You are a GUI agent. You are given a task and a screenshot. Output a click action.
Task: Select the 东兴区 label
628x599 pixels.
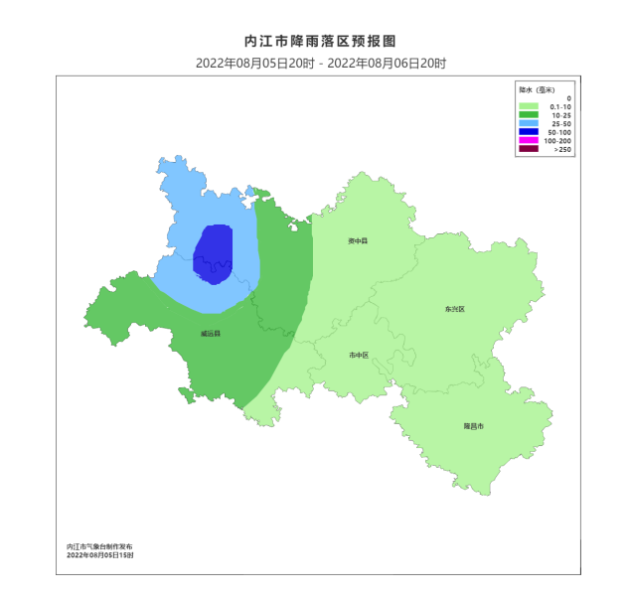[455, 309]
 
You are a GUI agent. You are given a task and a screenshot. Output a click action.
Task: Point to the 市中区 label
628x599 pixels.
[359, 355]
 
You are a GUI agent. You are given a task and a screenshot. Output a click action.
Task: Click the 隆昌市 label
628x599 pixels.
[473, 425]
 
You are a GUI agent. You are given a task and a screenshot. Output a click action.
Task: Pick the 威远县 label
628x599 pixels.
[210, 334]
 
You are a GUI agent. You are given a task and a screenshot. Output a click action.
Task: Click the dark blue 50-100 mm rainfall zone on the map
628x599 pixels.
[213, 253]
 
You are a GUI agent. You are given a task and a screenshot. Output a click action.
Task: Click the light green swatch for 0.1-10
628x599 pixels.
[529, 106]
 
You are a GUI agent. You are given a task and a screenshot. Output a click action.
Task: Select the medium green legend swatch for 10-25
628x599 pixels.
[529, 115]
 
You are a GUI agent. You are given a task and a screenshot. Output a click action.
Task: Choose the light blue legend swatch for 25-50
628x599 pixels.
[529, 124]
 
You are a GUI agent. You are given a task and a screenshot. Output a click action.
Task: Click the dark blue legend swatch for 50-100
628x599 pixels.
[529, 132]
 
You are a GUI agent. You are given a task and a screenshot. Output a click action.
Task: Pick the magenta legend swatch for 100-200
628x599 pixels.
[529, 141]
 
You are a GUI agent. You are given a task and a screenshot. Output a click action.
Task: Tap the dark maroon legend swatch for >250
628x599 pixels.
[529, 150]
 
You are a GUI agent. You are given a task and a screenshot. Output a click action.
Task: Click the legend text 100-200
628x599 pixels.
[557, 141]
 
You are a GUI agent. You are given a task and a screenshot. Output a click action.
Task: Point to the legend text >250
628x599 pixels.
[562, 150]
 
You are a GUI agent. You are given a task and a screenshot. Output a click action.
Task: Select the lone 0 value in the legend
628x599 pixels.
[568, 98]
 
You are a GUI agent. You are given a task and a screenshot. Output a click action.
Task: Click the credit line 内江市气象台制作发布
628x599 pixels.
[98, 546]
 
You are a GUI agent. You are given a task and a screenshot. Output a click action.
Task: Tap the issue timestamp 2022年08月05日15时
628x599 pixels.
[100, 555]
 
